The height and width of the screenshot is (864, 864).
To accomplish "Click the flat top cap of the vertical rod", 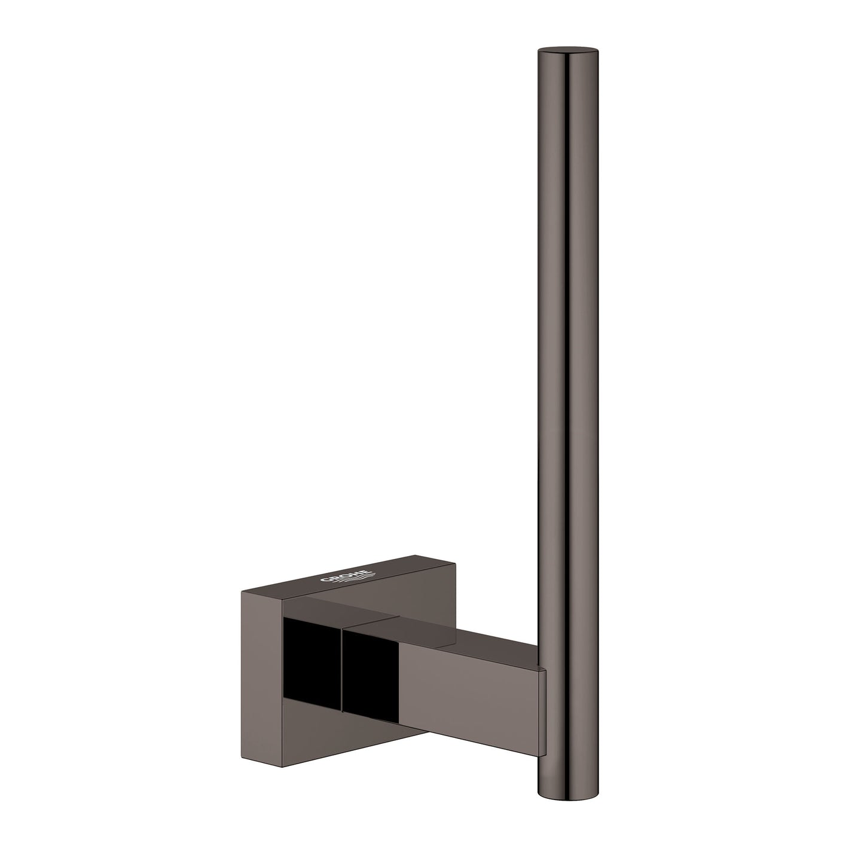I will coord(567,52).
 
